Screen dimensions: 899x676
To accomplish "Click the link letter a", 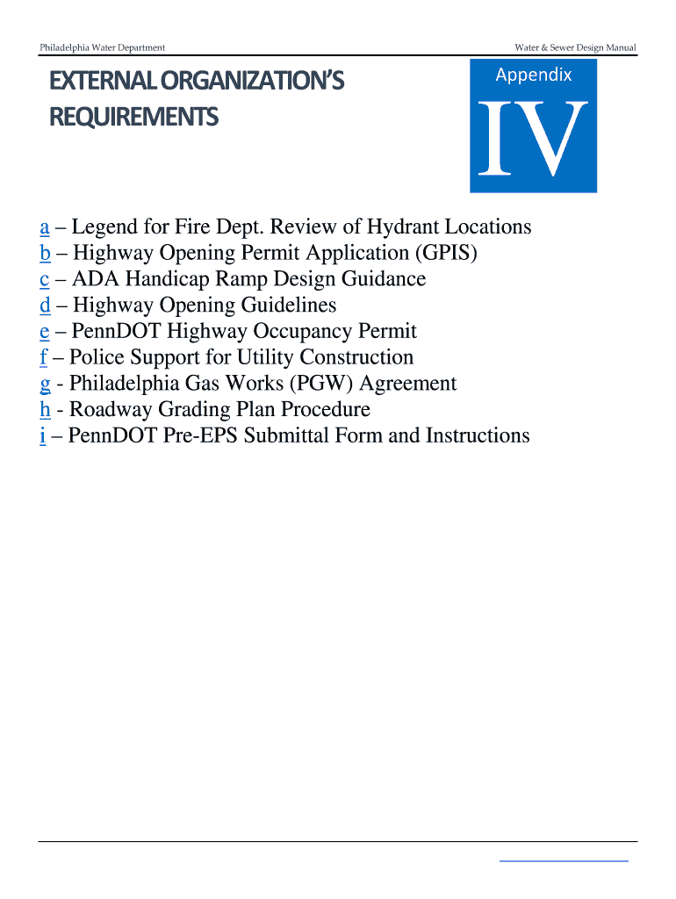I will point(44,228).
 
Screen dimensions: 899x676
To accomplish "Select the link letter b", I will point(44,254).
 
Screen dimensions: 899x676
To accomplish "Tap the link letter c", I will point(44,280).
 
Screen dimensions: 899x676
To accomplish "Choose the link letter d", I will point(44,306).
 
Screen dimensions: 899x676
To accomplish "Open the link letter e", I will point(44,332).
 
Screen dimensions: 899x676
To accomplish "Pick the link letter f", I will point(43,357).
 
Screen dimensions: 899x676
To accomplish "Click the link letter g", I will point(44,385).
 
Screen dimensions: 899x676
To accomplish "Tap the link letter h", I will point(44,409).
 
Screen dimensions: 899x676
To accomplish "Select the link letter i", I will point(42,435).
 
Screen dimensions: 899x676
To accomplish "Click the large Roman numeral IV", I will point(532,139).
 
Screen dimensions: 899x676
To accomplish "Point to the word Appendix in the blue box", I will point(533,76).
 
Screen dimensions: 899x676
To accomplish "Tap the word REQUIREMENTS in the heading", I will point(133,117).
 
